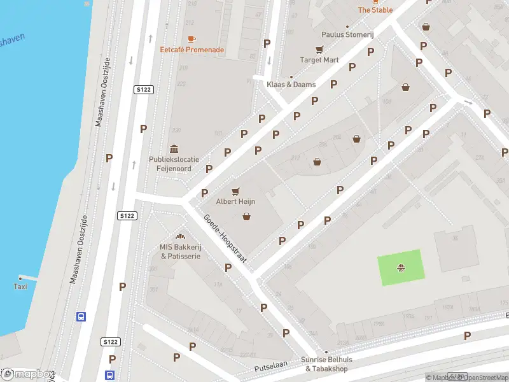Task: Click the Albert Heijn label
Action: (x=235, y=201)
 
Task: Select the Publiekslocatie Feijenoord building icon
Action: (x=174, y=148)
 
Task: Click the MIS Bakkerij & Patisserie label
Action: (x=180, y=251)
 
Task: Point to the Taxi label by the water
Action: (x=20, y=286)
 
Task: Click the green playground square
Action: (x=401, y=266)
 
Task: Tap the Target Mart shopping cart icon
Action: (x=319, y=50)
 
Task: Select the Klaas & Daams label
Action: (x=291, y=84)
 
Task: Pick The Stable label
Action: (x=375, y=10)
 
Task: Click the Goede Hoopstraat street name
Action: (x=225, y=241)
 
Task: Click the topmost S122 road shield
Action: (x=143, y=90)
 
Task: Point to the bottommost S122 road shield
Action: (x=110, y=342)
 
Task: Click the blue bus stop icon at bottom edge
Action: (x=110, y=375)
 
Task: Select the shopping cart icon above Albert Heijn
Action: (x=235, y=190)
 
